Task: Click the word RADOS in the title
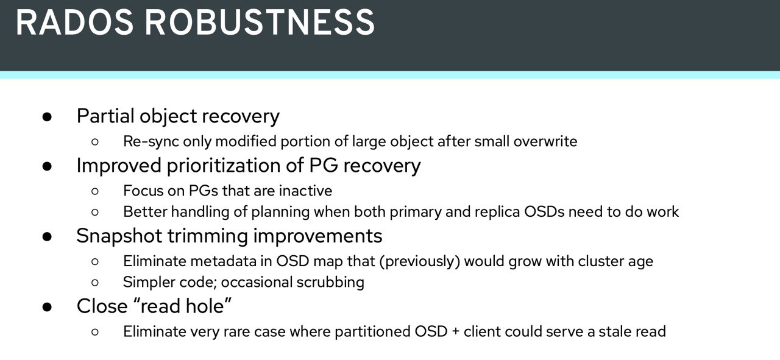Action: pos(74,23)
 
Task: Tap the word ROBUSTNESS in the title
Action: pos(260,23)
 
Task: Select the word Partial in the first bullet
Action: pos(105,116)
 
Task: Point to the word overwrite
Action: pos(545,141)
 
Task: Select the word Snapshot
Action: pos(119,236)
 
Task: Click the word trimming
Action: pos(208,236)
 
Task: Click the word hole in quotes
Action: pos(208,306)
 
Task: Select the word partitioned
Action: pos(372,332)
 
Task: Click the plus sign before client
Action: pos(455,332)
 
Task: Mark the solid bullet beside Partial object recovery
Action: pos(47,116)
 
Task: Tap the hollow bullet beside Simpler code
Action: pos(95,283)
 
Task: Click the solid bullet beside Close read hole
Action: pos(47,307)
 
